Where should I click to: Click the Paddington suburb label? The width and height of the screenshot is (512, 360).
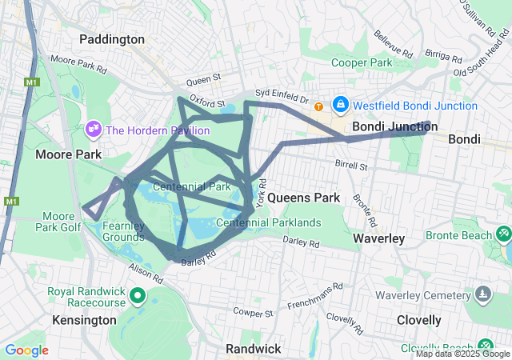click(112, 39)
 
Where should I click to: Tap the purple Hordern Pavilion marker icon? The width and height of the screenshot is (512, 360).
click(94, 129)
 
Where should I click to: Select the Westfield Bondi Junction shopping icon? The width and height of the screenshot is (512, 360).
click(341, 105)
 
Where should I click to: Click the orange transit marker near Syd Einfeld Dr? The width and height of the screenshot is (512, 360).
click(319, 106)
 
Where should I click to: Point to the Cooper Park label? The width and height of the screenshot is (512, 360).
click(362, 62)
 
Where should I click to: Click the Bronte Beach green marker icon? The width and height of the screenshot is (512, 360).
click(503, 234)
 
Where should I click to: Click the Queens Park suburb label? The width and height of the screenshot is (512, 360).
click(304, 198)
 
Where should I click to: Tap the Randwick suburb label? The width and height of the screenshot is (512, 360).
click(253, 349)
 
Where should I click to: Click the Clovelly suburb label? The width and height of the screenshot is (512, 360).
click(419, 320)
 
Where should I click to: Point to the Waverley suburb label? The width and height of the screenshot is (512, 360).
click(378, 238)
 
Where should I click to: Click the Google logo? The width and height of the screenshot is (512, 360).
click(26, 350)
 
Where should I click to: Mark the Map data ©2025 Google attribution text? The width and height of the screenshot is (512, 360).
click(462, 354)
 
